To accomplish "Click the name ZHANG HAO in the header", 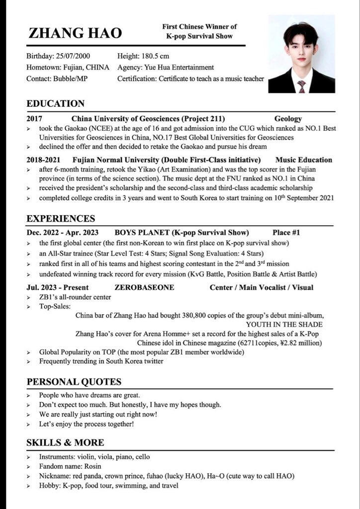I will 75,33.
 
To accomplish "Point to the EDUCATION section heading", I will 55,103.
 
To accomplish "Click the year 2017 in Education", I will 34,119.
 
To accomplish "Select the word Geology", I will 288,119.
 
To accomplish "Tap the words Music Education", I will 303,160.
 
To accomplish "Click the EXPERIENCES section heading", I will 61,219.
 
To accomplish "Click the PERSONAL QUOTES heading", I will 74,382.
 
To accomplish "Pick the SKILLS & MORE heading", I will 65,442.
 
